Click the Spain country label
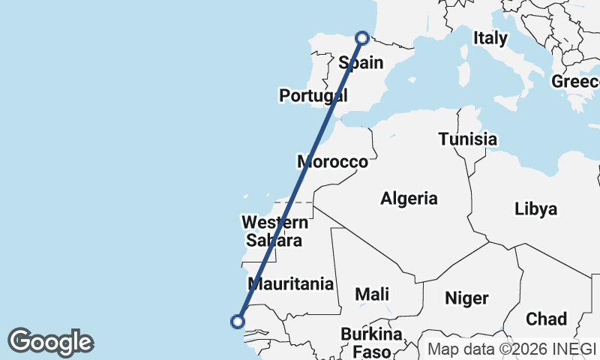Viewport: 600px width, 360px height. (x=361, y=63)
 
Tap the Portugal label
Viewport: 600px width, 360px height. (x=310, y=95)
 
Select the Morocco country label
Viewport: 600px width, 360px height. (x=332, y=161)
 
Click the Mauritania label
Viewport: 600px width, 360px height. (x=290, y=284)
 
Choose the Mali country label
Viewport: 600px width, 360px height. (x=372, y=295)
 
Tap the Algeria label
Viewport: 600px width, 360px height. (x=409, y=199)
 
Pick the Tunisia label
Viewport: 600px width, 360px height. (x=467, y=139)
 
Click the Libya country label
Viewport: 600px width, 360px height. (x=535, y=209)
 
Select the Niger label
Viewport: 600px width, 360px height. (x=466, y=298)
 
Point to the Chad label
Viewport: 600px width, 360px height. (x=546, y=319)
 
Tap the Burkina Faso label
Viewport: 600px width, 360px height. (x=371, y=342)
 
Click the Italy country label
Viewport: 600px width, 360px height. (x=490, y=37)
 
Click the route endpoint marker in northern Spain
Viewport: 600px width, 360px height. (x=362, y=37)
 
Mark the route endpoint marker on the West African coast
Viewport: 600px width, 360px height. (x=238, y=322)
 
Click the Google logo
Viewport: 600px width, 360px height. (x=50, y=342)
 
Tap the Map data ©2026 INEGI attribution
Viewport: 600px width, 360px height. (x=511, y=349)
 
